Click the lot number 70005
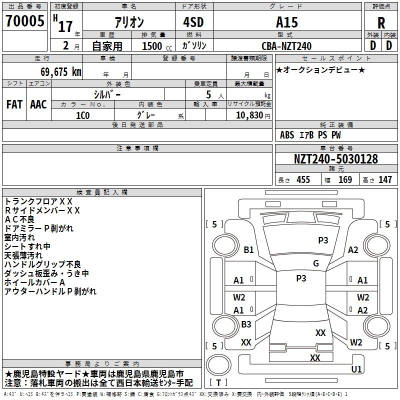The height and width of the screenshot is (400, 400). (x=24, y=21)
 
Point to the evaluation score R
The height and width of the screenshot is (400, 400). (x=381, y=23)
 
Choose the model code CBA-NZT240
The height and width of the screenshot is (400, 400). (x=286, y=46)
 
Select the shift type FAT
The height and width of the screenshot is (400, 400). (x=14, y=104)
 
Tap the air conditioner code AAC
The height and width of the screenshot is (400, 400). (x=38, y=104)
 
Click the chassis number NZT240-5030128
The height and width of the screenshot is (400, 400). (x=336, y=159)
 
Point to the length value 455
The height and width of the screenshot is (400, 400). (x=303, y=179)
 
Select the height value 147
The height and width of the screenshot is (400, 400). (x=385, y=179)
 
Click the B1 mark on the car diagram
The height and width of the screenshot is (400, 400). (x=248, y=249)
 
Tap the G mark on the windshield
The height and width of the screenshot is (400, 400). (x=316, y=263)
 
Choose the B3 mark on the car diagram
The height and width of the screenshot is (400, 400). (x=246, y=324)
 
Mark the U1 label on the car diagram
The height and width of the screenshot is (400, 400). (x=356, y=369)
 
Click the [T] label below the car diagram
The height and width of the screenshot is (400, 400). (x=218, y=382)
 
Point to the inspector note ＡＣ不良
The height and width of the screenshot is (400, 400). (x=19, y=219)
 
